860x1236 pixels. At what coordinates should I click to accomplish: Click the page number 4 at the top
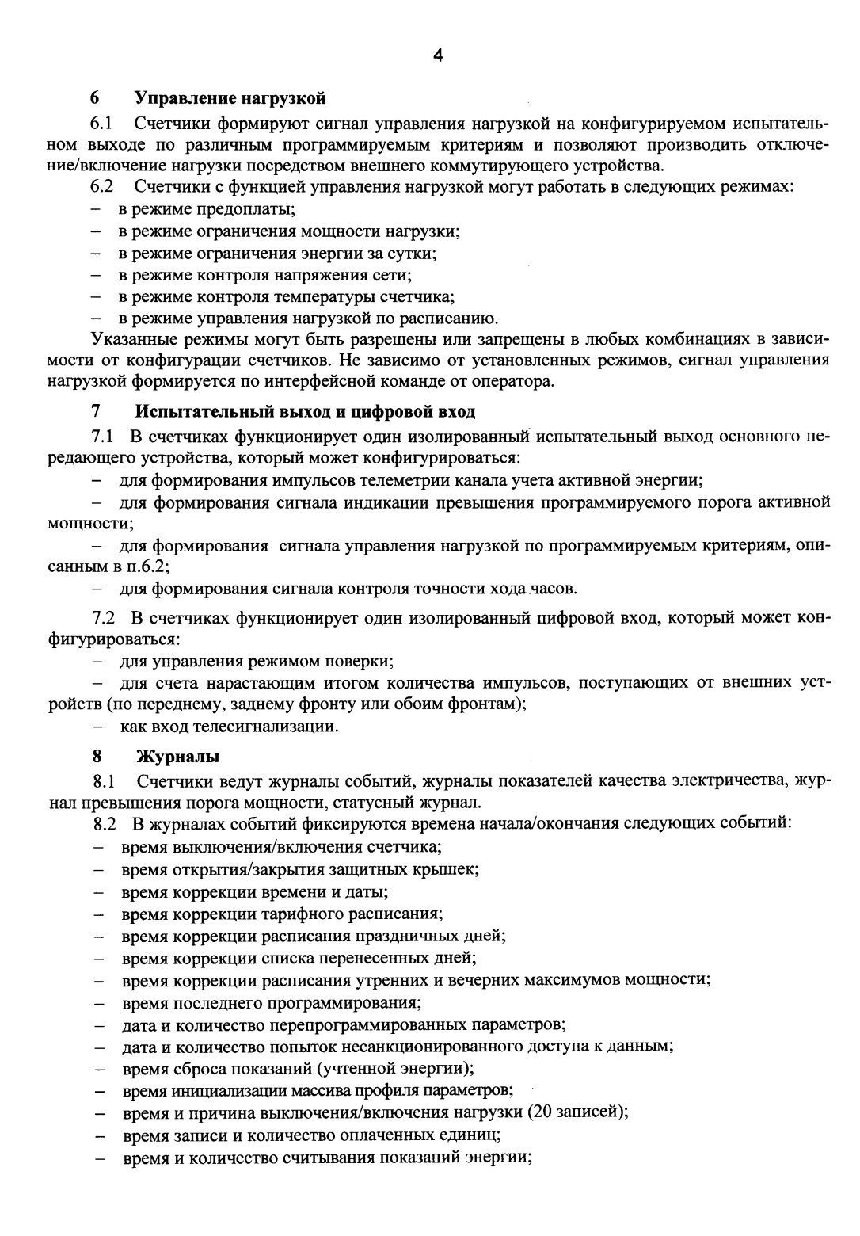[438, 55]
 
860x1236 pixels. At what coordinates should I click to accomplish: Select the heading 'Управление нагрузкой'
[230, 98]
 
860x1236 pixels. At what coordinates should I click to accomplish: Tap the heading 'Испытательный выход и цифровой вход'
[306, 412]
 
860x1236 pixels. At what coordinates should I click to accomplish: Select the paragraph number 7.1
[104, 437]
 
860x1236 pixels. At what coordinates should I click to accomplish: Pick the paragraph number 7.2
[104, 618]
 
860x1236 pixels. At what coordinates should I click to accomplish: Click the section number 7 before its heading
[96, 412]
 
